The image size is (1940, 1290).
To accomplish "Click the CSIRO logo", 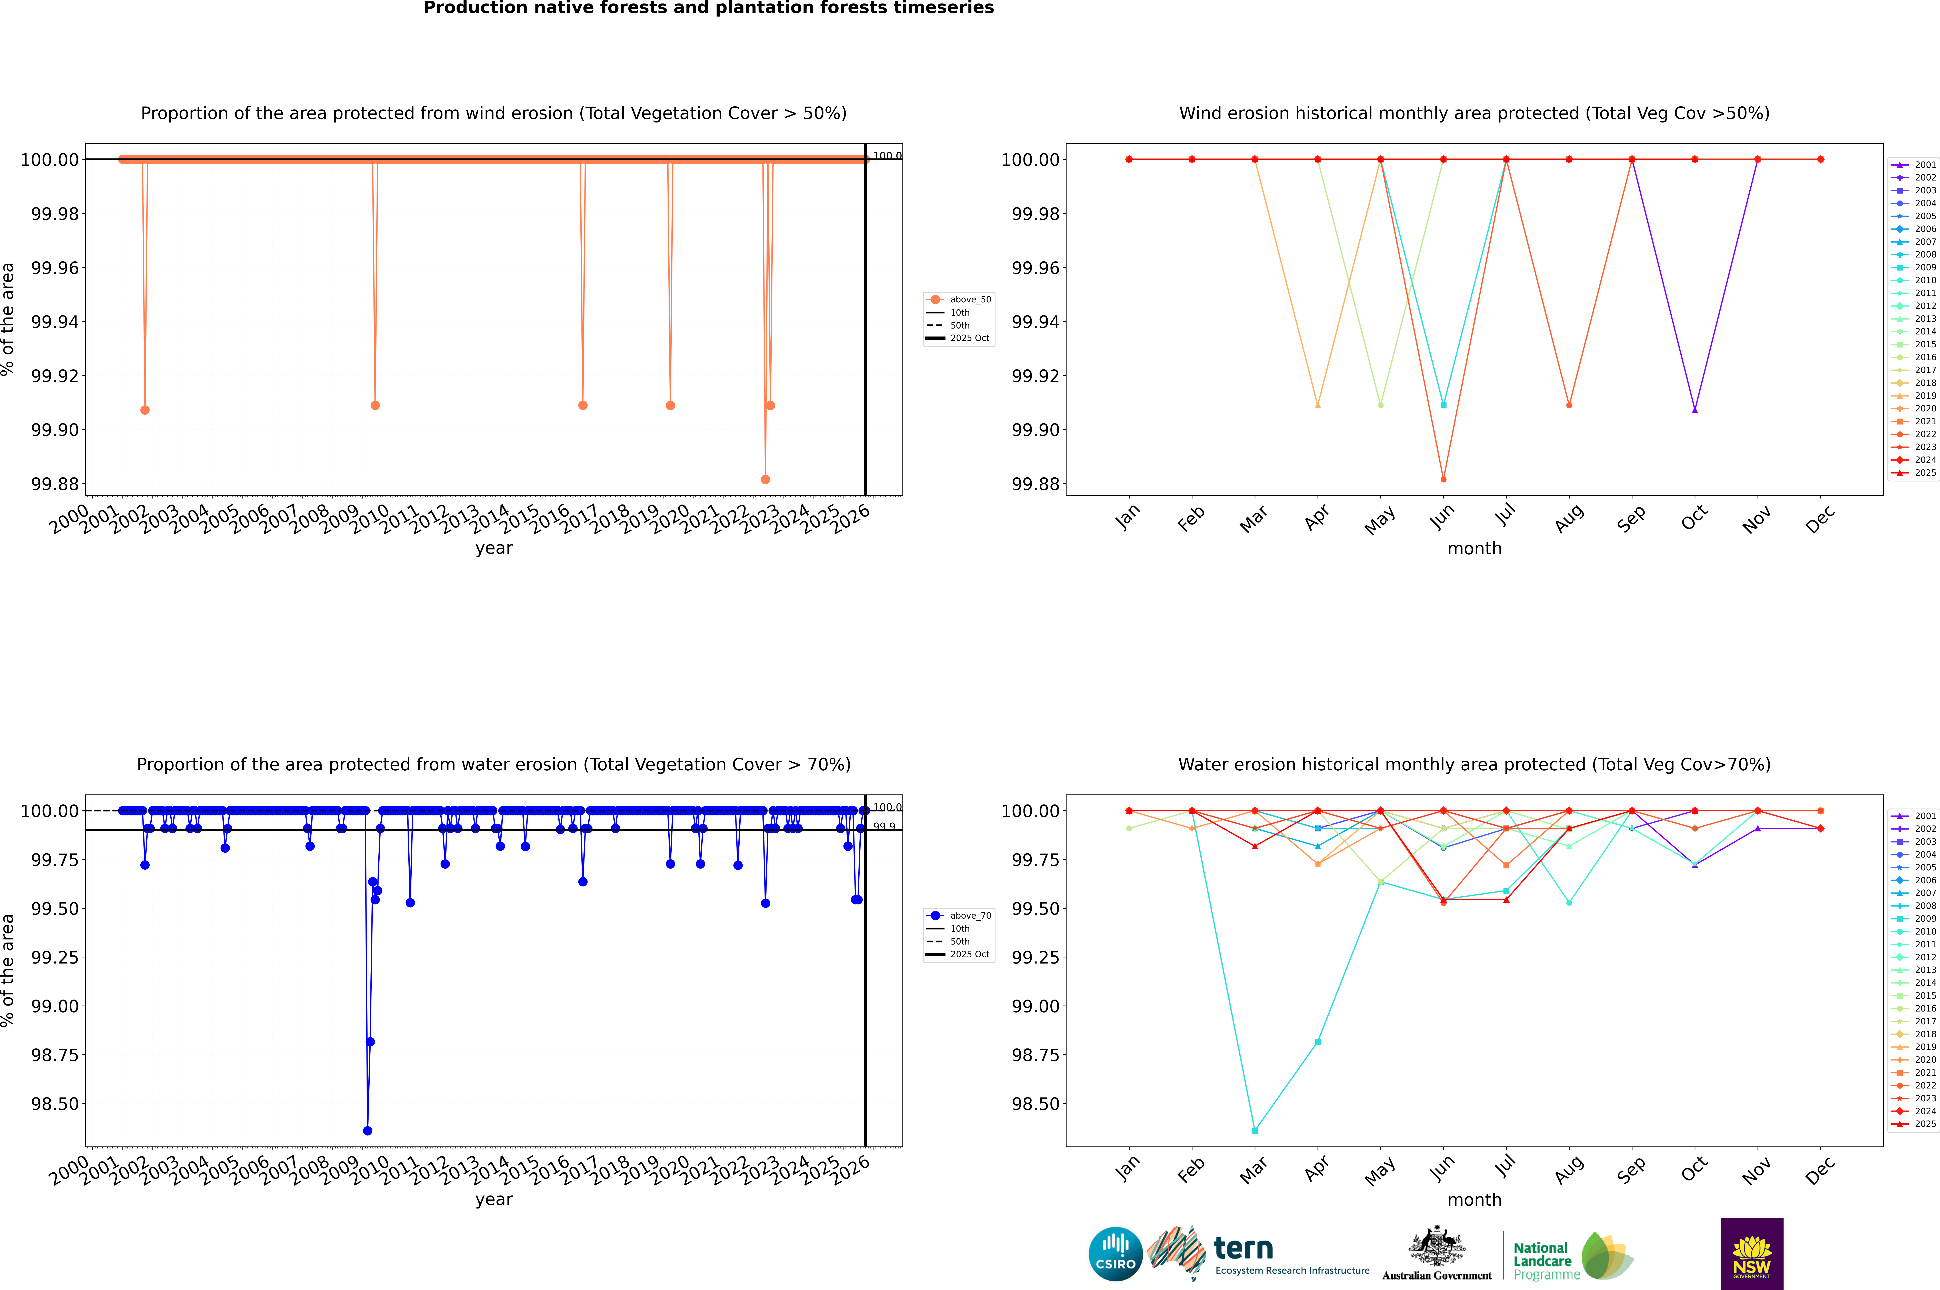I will (x=1115, y=1254).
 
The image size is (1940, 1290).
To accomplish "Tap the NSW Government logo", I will (x=1752, y=1254).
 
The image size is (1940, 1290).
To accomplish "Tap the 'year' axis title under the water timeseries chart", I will (x=493, y=1200).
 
